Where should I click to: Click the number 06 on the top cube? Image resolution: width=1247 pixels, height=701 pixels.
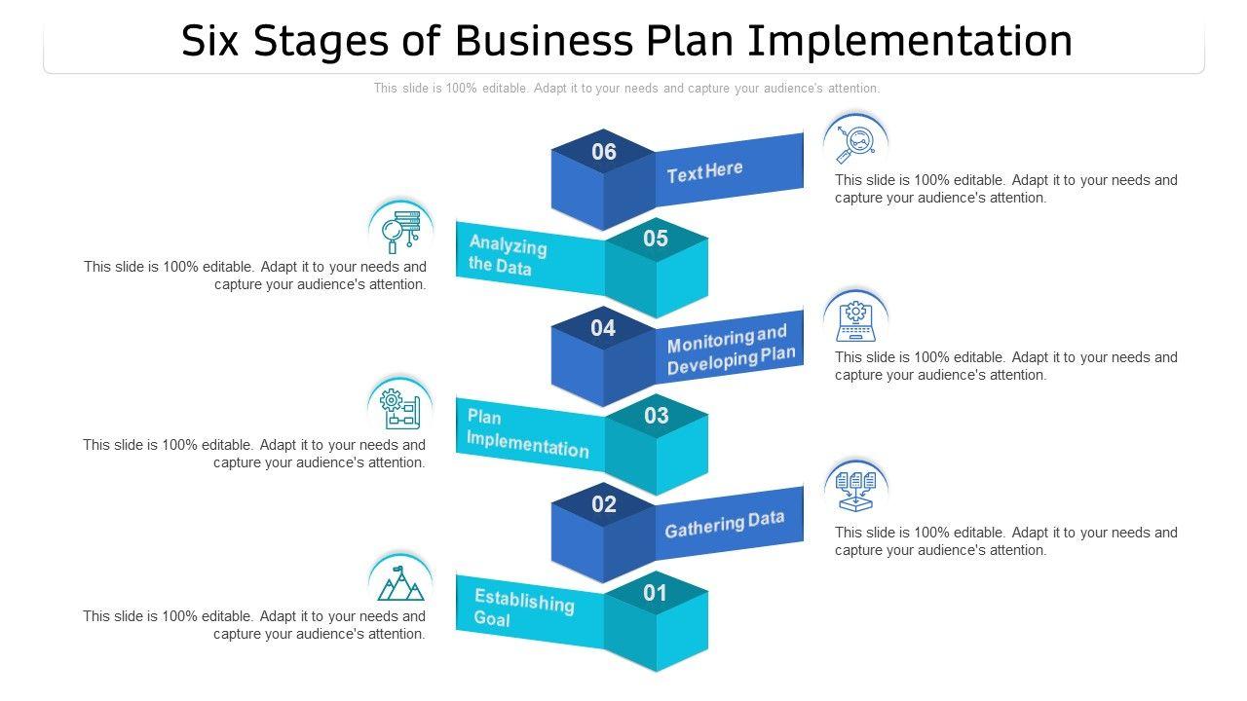[604, 152]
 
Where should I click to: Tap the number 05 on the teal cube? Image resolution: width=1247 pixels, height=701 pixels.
[656, 239]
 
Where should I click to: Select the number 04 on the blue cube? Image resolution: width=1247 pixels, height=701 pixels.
[603, 328]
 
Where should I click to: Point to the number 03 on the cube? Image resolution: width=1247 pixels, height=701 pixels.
[657, 416]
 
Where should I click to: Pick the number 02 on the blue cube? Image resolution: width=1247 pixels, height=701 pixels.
[604, 504]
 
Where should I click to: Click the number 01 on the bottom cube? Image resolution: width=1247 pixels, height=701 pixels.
[656, 592]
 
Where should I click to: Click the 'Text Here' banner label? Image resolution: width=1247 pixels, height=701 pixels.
[704, 172]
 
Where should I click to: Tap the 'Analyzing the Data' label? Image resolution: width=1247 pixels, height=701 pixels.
[507, 254]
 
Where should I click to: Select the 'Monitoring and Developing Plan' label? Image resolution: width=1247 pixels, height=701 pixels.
[731, 351]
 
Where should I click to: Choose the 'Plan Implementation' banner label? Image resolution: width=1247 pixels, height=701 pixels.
[527, 433]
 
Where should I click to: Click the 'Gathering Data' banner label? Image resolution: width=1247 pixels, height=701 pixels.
[724, 524]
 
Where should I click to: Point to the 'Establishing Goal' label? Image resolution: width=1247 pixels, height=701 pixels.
[523, 608]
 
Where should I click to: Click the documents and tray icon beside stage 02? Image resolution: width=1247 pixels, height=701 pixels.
[856, 490]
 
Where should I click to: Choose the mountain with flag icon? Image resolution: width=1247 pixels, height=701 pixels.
[400, 582]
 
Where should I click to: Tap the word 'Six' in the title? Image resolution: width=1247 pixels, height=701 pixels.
[214, 41]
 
